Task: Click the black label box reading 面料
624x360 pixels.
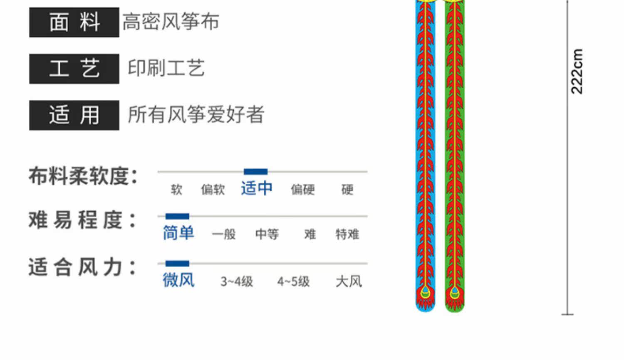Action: point(74,22)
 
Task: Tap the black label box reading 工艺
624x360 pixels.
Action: point(74,69)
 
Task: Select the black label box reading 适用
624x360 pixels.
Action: point(74,115)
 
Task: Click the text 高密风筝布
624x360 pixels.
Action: point(171,22)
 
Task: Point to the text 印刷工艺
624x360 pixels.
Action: point(166,68)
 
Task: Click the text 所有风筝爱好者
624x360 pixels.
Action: point(196,115)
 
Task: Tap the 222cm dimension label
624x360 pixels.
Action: point(577,72)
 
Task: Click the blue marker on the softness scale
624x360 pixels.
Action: point(255,172)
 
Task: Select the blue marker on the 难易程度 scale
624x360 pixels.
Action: point(177,216)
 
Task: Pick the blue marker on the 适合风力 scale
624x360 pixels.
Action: point(177,264)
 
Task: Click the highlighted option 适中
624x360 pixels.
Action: point(257,189)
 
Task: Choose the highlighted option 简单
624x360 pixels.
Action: point(178,233)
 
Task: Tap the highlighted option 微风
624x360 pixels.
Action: point(178,280)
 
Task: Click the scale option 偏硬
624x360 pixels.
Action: point(302,190)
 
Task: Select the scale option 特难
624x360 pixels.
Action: point(347,234)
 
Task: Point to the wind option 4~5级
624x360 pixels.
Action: point(293,281)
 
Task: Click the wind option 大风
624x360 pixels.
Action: point(349,281)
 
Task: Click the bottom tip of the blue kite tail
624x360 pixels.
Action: point(425,309)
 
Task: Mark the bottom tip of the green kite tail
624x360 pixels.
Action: point(455,309)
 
